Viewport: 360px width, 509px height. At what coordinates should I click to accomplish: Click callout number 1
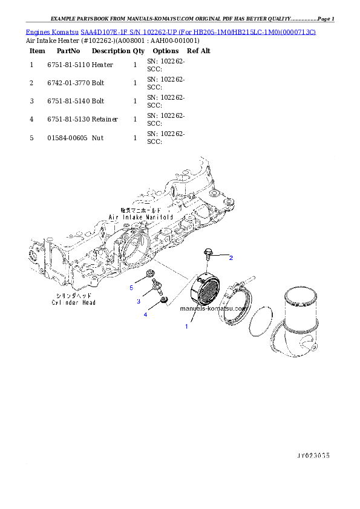pos(186,326)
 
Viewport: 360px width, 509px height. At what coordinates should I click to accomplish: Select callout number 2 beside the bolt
pos(231,258)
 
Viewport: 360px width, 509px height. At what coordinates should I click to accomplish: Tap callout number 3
pos(138,301)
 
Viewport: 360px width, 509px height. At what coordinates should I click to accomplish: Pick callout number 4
pos(145,314)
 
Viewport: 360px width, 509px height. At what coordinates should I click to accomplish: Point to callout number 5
pos(131,288)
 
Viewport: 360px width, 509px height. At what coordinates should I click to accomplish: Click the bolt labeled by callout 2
pos(209,254)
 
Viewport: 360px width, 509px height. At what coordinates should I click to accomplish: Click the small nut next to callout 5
pos(149,278)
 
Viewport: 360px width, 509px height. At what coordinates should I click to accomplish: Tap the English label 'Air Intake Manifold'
pos(141,216)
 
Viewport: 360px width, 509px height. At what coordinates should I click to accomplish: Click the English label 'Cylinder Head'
pos(73,302)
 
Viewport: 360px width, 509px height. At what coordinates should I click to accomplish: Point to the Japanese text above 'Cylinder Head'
pos(73,296)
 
